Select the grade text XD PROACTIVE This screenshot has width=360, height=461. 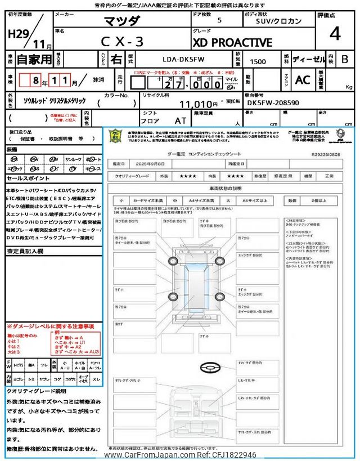click(x=232, y=43)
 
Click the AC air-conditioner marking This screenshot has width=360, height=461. click(x=303, y=80)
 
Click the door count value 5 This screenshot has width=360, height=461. click(x=219, y=20)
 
